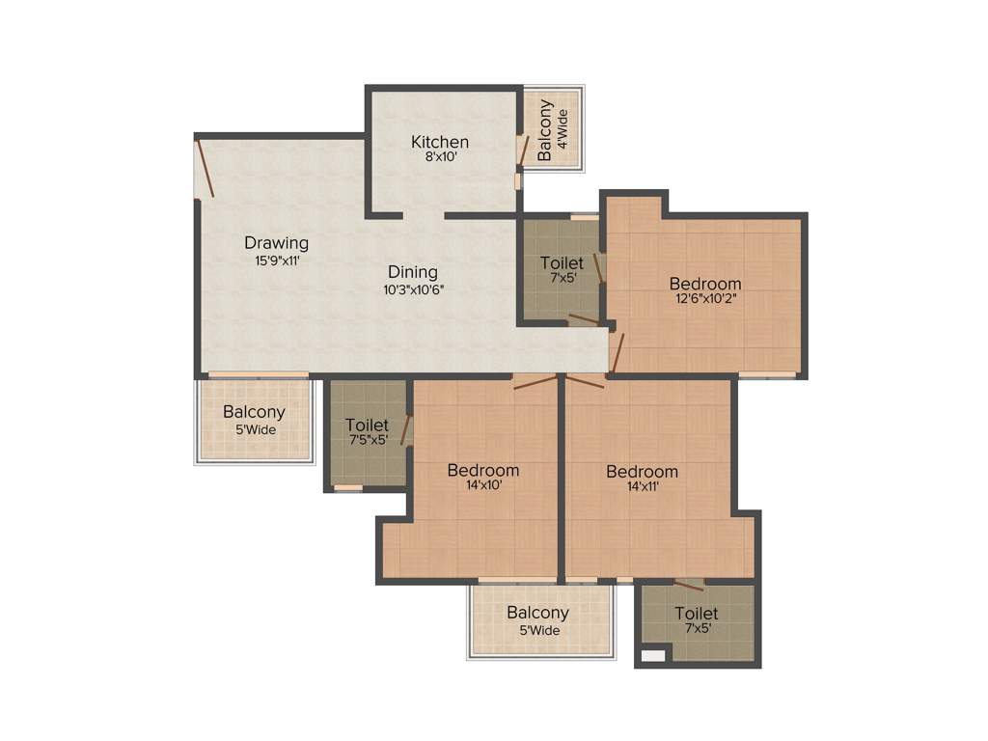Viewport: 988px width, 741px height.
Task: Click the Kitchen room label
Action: pos(440,142)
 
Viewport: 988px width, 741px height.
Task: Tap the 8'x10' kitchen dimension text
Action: pos(440,156)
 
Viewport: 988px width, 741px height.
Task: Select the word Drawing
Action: pos(276,243)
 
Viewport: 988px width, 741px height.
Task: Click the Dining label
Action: pos(413,272)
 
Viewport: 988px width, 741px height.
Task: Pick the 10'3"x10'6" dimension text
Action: pos(413,288)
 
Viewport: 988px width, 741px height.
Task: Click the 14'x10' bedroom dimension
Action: pos(483,485)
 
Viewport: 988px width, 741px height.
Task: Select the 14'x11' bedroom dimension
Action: pos(642,487)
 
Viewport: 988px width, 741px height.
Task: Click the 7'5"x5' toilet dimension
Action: pos(367,440)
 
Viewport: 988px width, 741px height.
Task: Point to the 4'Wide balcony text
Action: pos(563,126)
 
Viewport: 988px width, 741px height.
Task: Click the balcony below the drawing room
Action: pos(255,421)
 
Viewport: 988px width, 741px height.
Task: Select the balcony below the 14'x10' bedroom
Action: pos(541,620)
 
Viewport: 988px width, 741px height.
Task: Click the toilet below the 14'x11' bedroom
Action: pos(697,620)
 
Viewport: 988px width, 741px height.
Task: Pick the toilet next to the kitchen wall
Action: pos(561,269)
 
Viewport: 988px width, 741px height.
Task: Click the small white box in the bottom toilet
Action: pos(653,656)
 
